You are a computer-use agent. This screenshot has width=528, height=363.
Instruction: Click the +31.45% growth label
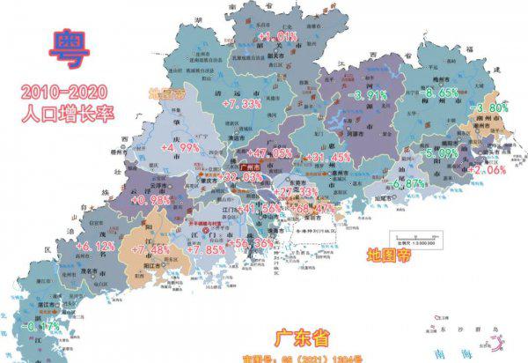tap(326, 157)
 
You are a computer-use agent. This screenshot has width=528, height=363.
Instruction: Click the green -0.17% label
tap(43, 326)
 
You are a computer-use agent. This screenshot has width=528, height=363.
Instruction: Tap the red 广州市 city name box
tap(251, 165)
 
